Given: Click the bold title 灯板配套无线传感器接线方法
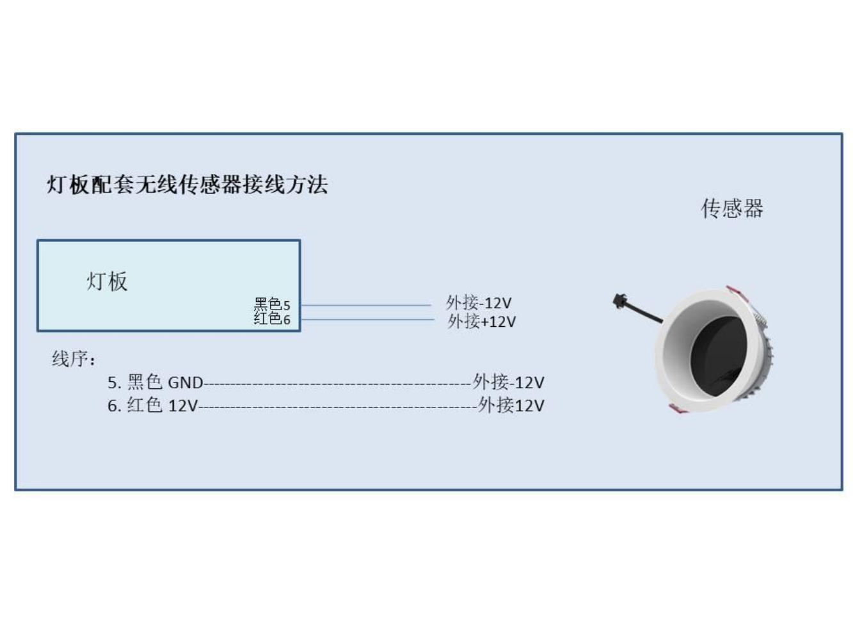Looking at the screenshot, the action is click(x=187, y=184).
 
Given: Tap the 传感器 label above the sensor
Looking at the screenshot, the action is click(x=732, y=209).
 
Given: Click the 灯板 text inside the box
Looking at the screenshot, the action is click(x=107, y=281).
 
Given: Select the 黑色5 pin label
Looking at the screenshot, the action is click(x=272, y=304).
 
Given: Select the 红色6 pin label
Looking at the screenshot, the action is click(x=272, y=319).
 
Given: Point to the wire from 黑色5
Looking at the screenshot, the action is click(x=366, y=305).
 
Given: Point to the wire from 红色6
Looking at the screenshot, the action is click(x=367, y=320).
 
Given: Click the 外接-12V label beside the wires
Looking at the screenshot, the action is click(x=479, y=303).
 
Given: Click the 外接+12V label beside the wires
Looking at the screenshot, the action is click(x=482, y=321).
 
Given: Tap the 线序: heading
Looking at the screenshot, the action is click(x=74, y=358).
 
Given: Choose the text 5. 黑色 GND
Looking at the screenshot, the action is click(x=155, y=383).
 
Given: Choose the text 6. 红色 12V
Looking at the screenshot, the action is click(x=153, y=405).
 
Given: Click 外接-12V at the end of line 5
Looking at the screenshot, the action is click(x=508, y=382).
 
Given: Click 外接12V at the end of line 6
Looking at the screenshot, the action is click(x=511, y=405).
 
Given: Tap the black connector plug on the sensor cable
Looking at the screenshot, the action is click(x=619, y=301).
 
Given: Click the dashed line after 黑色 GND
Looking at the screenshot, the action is click(x=338, y=384).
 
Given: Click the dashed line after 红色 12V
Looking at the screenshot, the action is click(x=338, y=407).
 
